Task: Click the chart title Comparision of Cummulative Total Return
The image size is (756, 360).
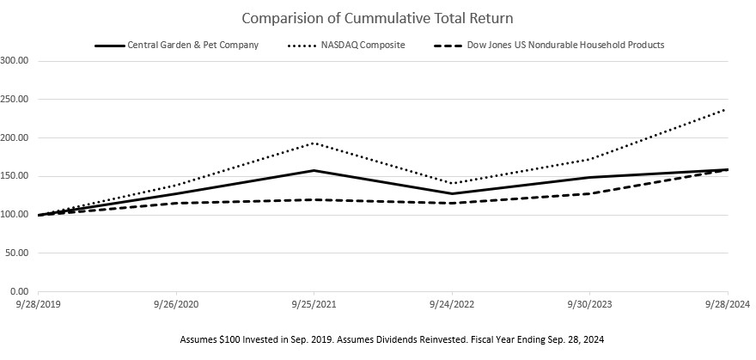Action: coord(378,18)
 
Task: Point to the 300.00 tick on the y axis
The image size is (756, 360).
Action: coord(16,61)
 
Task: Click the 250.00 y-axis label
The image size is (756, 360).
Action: coord(16,100)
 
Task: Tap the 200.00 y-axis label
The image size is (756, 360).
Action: coord(16,138)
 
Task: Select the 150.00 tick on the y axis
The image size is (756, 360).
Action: coord(16,176)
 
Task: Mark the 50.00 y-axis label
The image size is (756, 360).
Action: coord(18,253)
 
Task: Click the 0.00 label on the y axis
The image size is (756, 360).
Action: coord(21,292)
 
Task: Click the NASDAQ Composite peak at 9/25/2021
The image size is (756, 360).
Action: coord(314,143)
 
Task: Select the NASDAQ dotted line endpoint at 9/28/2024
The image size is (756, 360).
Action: coord(727,109)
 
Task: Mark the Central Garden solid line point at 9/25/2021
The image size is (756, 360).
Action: coord(314,171)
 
